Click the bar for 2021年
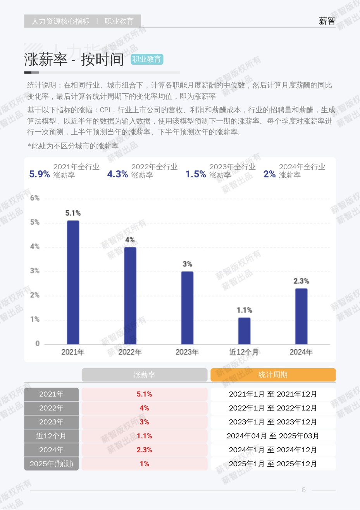pyautogui.click(x=73, y=282)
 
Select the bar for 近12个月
pyautogui.click(x=244, y=331)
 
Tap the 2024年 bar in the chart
pyautogui.click(x=301, y=316)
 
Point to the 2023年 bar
pyautogui.click(x=187, y=307)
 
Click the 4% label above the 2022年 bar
pyautogui.click(x=130, y=240)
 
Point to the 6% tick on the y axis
pyautogui.click(x=35, y=198)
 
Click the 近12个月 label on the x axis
pyautogui.click(x=244, y=352)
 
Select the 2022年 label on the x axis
pyautogui.click(x=130, y=352)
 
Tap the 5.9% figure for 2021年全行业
pyautogui.click(x=40, y=174)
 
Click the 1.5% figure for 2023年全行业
pyautogui.click(x=195, y=174)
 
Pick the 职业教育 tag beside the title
pyautogui.click(x=146, y=59)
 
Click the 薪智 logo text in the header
pyautogui.click(x=327, y=21)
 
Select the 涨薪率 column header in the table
pyautogui.click(x=144, y=375)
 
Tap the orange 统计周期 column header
pyautogui.click(x=273, y=375)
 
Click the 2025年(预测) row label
pyautogui.click(x=51, y=464)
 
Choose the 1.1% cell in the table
pyautogui.click(x=144, y=436)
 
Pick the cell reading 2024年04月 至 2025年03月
pyautogui.click(x=273, y=436)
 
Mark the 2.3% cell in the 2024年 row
pyautogui.click(x=144, y=450)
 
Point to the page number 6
pyautogui.click(x=303, y=490)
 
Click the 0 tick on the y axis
pyautogui.click(x=38, y=343)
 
